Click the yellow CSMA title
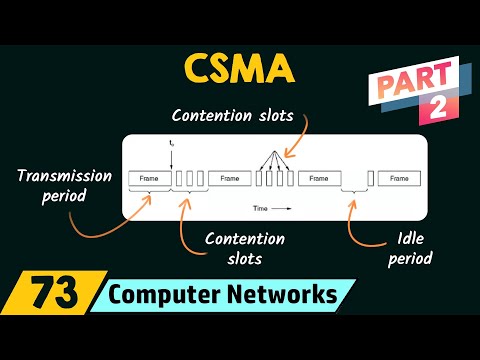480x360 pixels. coord(239,69)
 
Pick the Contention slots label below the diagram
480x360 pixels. coord(244,249)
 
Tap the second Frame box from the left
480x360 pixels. coord(229,178)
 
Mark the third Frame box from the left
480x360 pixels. coord(318,178)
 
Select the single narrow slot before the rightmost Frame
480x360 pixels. coord(370,178)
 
